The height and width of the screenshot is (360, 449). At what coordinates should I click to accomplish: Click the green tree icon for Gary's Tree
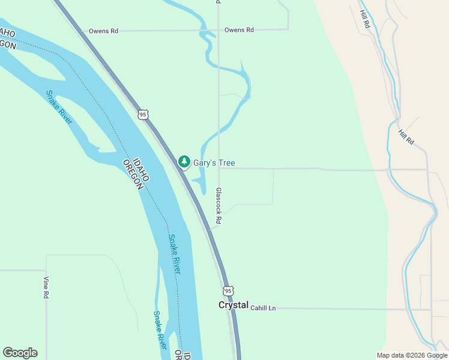(184, 162)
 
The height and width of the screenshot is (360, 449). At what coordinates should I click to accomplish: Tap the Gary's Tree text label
(214, 163)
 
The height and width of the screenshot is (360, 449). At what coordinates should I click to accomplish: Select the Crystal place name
(233, 305)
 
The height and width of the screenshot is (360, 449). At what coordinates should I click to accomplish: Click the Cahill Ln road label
(263, 308)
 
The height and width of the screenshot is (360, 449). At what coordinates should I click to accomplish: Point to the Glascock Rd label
(218, 205)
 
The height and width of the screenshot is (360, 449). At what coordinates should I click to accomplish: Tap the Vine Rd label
(46, 287)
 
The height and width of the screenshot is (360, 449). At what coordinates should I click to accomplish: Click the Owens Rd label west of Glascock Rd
(103, 31)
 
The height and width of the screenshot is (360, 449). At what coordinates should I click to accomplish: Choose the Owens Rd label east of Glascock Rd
(239, 29)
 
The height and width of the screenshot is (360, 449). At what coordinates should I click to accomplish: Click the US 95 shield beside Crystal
(228, 291)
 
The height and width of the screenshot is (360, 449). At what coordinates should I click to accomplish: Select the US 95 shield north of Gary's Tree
(142, 114)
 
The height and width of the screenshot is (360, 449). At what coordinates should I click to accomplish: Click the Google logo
(20, 353)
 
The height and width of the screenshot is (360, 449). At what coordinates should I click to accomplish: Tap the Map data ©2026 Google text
(412, 355)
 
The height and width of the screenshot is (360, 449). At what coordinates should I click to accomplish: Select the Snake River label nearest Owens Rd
(59, 107)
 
